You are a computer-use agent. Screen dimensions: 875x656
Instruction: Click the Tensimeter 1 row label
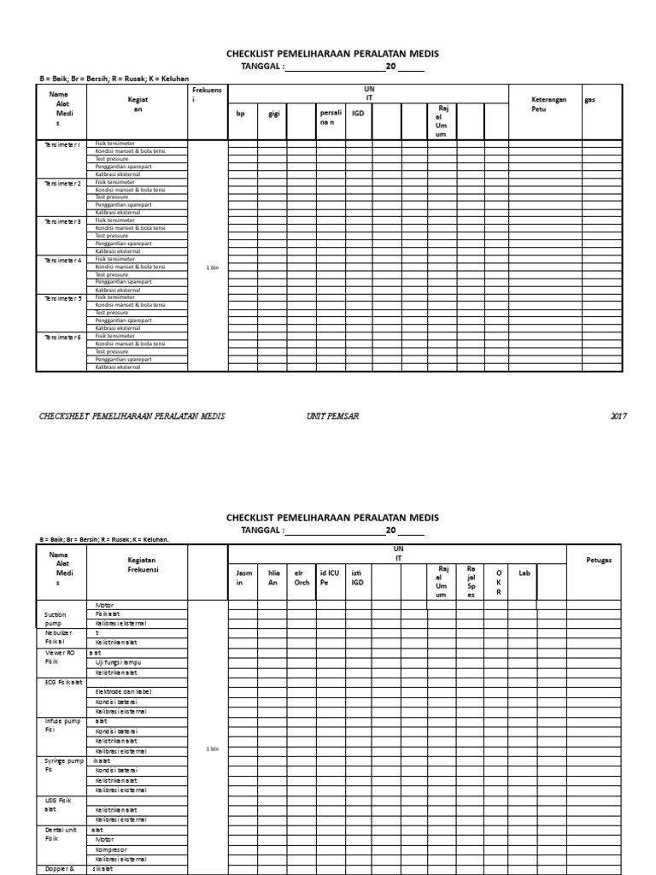(61, 144)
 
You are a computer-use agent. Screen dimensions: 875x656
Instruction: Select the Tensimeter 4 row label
(61, 260)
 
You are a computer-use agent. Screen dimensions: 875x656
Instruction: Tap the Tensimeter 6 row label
(61, 337)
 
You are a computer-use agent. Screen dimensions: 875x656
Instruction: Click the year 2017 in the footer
(618, 416)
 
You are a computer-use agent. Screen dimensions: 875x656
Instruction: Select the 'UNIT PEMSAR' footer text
(333, 416)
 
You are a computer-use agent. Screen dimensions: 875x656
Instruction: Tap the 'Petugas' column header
(599, 561)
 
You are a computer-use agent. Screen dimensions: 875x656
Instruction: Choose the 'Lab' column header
(524, 573)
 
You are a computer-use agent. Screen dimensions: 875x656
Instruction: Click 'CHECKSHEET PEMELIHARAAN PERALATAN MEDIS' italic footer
(132, 416)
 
